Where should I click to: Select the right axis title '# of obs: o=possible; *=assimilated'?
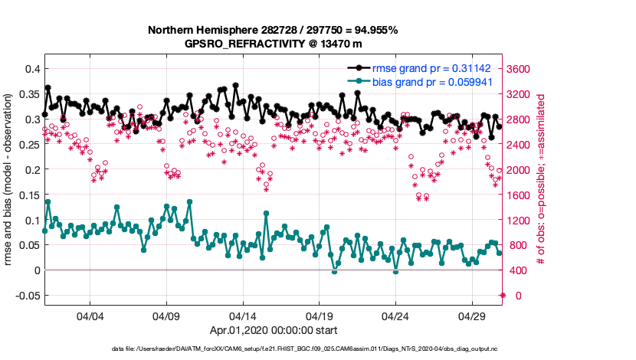tap(541, 180)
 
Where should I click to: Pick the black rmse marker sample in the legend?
tap(355, 67)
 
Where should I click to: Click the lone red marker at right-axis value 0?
tap(503, 295)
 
